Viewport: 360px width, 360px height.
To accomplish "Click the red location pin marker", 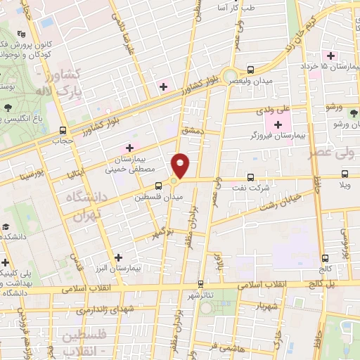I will (181, 165).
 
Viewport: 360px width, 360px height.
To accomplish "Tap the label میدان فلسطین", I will (163, 198).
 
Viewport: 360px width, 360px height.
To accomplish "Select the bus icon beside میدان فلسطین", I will (159, 186).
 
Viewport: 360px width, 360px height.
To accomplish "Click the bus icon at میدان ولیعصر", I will (251, 70).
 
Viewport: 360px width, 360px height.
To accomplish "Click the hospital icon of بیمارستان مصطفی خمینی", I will (129, 148).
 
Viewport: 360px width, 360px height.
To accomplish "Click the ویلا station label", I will (345, 185).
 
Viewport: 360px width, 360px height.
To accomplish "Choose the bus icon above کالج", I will (325, 258).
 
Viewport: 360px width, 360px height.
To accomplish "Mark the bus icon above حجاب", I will (64, 130).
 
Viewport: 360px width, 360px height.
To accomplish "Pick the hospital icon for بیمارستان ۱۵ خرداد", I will (328, 56).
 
